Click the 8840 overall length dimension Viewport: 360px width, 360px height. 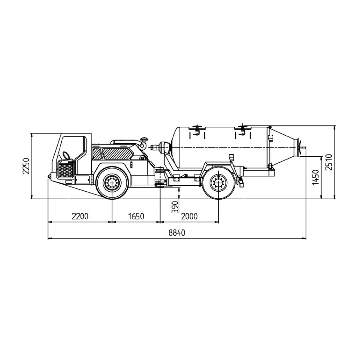tap(176, 233)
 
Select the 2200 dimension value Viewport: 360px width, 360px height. tap(80, 216)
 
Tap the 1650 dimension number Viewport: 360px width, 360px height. tap(136, 216)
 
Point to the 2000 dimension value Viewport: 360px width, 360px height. tap(189, 216)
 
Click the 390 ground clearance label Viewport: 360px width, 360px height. tap(175, 207)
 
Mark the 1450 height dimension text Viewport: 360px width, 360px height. tap(316, 177)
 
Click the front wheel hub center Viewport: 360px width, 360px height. tap(112, 183)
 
